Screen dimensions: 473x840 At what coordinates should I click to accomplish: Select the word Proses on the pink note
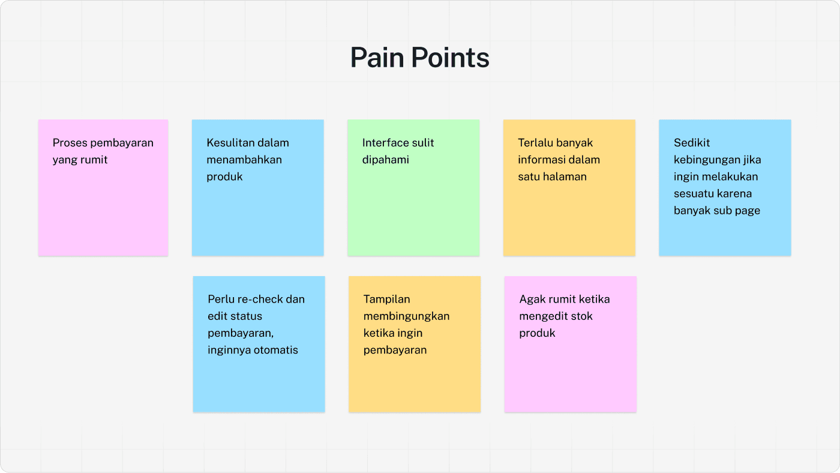[x=70, y=143]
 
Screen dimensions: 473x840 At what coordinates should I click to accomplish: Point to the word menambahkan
[x=244, y=160]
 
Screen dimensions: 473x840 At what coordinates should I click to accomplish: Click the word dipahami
[x=385, y=160]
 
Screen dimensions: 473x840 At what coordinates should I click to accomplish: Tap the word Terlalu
[x=535, y=143]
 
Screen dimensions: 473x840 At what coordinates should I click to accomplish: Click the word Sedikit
[x=692, y=143]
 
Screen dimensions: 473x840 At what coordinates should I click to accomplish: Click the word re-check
[x=257, y=299]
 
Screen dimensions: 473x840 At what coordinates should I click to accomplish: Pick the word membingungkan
[x=406, y=316]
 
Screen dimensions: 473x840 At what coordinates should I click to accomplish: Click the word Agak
[x=531, y=299]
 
